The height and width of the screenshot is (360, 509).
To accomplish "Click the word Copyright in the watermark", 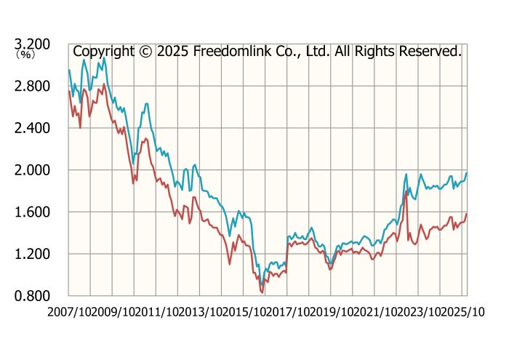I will pyautogui.click(x=104, y=52).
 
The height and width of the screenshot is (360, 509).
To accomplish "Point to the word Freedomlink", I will pyautogui.click(x=234, y=52).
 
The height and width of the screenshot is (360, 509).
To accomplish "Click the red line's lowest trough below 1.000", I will pyautogui.click(x=262, y=292).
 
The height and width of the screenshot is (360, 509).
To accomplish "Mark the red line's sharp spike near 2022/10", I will pyautogui.click(x=405, y=191).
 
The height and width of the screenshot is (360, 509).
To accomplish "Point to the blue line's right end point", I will pyautogui.click(x=467, y=172).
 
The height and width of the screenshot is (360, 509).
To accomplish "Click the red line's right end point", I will pyautogui.click(x=467, y=214).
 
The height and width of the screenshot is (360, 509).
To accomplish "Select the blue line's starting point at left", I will pyautogui.click(x=68, y=70).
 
